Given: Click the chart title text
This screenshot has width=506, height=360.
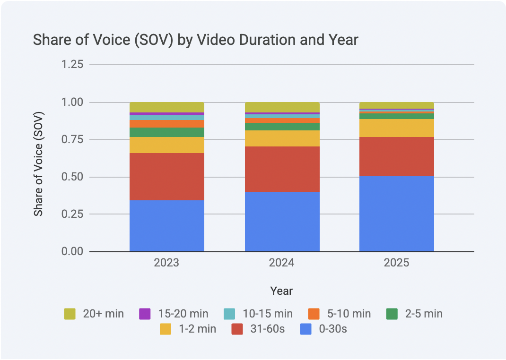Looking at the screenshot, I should (x=195, y=40).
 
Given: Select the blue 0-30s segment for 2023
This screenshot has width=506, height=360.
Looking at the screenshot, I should (x=166, y=226).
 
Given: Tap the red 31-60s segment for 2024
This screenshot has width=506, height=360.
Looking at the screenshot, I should (x=282, y=169).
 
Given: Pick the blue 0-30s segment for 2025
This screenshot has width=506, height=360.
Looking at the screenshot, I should (x=396, y=214).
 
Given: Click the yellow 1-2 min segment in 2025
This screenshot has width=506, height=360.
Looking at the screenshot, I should (x=396, y=128).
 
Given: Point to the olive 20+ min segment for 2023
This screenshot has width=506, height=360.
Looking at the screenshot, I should (x=166, y=107).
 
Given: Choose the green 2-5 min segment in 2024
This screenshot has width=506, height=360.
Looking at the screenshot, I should (x=282, y=127).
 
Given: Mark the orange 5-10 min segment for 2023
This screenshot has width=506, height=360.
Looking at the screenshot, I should (x=166, y=124).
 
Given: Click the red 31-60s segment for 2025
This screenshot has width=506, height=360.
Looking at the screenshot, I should (x=396, y=156).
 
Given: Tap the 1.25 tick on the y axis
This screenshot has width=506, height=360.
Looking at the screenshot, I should (x=72, y=65).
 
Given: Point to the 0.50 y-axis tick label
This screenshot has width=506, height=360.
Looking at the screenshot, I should (x=72, y=177).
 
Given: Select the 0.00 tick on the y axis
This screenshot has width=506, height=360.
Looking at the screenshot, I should (x=72, y=252).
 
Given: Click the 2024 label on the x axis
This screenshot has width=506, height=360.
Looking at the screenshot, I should (x=282, y=263).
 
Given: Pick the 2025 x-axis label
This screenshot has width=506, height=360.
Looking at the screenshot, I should (x=396, y=263).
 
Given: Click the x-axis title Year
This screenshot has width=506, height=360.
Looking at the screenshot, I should (x=281, y=291).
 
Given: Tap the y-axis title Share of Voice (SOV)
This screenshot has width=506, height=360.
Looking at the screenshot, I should (x=38, y=164).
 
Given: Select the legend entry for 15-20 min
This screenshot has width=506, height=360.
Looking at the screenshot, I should (x=173, y=314).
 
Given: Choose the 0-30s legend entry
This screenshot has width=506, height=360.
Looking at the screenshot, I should (x=323, y=329).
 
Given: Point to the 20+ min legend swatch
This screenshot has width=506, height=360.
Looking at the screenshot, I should (x=70, y=314).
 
